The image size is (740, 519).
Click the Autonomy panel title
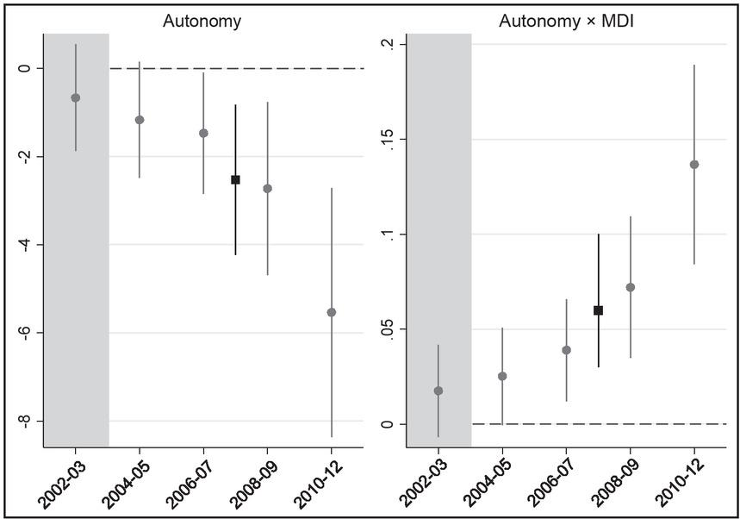[x=202, y=22]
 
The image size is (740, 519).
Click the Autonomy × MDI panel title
[x=566, y=22]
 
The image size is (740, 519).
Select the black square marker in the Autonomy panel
[x=235, y=179]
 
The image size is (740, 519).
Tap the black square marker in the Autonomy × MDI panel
[x=598, y=310]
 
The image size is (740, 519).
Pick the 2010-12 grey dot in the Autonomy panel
[x=332, y=312]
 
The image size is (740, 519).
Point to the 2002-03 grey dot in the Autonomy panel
[x=76, y=97]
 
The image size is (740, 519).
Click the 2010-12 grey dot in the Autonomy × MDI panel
[x=694, y=165]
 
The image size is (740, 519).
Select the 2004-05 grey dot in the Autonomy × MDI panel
[x=502, y=376]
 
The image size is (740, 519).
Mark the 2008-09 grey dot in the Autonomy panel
[x=268, y=189]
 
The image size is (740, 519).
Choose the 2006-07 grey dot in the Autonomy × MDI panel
[x=566, y=350]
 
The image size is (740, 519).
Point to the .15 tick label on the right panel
[x=388, y=139]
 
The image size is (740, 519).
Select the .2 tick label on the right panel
[x=388, y=44]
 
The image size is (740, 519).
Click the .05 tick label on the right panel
[x=388, y=328]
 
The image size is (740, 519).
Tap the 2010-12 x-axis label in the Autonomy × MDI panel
[x=681, y=484]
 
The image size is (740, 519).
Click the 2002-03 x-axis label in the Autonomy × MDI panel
[x=425, y=484]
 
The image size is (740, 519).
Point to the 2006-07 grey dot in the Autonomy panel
[x=203, y=133]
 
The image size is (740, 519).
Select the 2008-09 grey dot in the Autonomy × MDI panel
[x=630, y=287]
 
